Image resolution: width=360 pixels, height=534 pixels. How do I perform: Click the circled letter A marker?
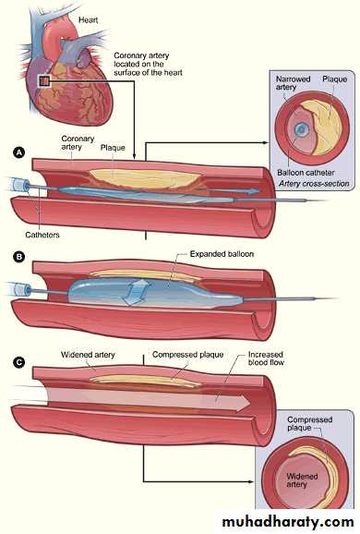pyautogui.click(x=19, y=152)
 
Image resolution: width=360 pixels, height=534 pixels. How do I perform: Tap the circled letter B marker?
pyautogui.click(x=19, y=257)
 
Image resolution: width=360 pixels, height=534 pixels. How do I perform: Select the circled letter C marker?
pyautogui.click(x=19, y=362)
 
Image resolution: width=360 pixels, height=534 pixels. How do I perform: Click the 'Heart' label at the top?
pyautogui.click(x=88, y=20)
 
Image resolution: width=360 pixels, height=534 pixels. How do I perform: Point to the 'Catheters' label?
pyautogui.click(x=42, y=235)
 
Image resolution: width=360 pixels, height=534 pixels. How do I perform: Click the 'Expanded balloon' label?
pyautogui.click(x=222, y=254)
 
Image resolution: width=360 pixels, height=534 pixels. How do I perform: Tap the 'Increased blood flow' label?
pyautogui.click(x=266, y=358)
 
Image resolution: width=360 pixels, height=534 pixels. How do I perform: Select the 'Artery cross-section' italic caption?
pyautogui.click(x=314, y=184)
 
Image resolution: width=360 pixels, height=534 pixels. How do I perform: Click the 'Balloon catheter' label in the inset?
pyautogui.click(x=306, y=173)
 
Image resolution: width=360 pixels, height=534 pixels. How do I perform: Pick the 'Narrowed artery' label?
pyautogui.click(x=293, y=83)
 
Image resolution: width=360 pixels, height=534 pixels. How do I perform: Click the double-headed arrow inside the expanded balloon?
pyautogui.click(x=136, y=292)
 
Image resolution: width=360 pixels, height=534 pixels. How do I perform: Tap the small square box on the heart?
pyautogui.click(x=44, y=81)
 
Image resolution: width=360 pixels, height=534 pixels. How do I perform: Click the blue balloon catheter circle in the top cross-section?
pyautogui.click(x=301, y=129)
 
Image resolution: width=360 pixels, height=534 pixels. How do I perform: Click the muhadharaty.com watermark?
pyautogui.click(x=287, y=522)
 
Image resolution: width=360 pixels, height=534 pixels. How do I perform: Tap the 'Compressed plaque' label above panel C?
pyautogui.click(x=187, y=355)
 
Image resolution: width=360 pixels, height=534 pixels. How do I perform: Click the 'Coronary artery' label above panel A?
pyautogui.click(x=78, y=143)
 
